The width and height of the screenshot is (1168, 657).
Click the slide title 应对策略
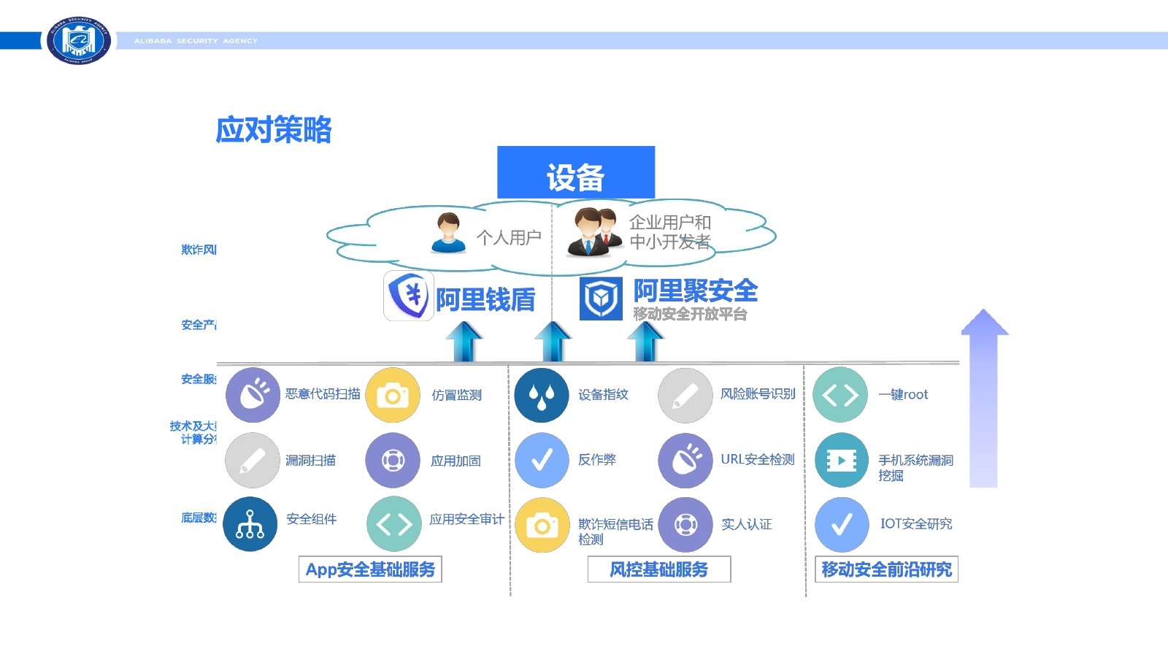[274, 130]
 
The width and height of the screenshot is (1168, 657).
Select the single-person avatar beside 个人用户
[448, 233]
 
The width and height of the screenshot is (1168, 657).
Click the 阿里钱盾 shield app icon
[409, 296]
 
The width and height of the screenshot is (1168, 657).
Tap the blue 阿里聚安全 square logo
[601, 299]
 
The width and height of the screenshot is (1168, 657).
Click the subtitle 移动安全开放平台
[690, 314]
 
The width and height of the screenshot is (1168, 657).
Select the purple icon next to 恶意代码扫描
[253, 395]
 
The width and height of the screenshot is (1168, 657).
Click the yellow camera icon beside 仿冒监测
[393, 395]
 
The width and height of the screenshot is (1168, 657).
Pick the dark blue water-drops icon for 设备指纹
[541, 395]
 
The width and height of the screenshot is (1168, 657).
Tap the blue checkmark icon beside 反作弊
[542, 460]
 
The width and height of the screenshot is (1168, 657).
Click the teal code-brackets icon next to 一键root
[840, 395]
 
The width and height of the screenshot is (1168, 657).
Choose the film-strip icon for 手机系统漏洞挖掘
[841, 460]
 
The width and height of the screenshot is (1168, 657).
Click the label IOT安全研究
[916, 523]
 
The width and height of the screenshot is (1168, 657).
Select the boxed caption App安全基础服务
[370, 569]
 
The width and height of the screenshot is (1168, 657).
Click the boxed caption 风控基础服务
[658, 569]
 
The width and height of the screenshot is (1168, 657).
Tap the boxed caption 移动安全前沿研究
[886, 569]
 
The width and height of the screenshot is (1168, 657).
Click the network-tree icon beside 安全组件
[250, 524]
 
